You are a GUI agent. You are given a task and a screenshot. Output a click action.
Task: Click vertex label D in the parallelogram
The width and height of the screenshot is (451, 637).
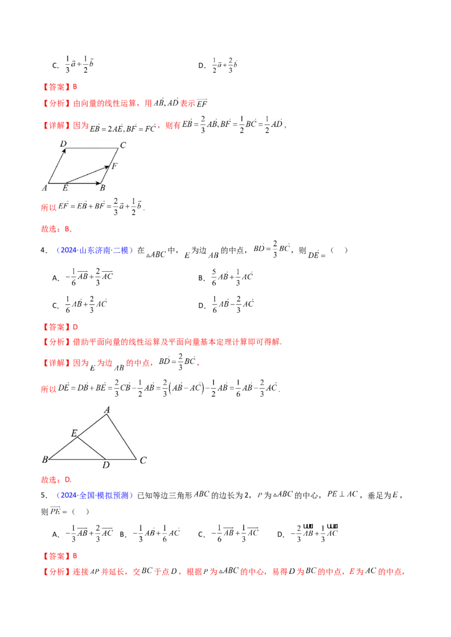tap(64, 145)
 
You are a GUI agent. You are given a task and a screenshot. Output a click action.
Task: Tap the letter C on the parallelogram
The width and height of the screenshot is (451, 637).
tap(123, 145)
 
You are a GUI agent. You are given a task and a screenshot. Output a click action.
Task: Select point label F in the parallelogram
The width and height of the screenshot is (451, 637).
tap(114, 166)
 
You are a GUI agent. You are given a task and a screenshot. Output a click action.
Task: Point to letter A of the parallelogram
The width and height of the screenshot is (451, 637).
tap(44, 188)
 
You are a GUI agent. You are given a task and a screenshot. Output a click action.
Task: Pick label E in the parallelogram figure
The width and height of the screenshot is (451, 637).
tap(65, 189)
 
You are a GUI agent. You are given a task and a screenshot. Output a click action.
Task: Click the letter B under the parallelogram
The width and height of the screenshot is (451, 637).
tap(103, 189)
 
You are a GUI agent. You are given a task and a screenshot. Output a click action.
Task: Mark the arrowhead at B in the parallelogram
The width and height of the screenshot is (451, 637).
tap(101, 183)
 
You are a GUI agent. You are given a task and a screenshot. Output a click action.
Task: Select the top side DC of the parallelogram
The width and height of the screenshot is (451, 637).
tap(90, 149)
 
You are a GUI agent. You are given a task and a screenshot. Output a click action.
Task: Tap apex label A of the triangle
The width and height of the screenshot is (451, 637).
tap(107, 410)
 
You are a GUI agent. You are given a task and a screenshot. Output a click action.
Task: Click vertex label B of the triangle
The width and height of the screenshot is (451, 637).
tap(45, 460)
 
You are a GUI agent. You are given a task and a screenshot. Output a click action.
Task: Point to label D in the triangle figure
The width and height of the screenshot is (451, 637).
tap(105, 465)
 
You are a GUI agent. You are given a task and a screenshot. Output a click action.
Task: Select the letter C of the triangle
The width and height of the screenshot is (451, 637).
tap(143, 460)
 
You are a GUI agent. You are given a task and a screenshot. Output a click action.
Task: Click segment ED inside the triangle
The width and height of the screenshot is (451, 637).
tap(91, 448)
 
